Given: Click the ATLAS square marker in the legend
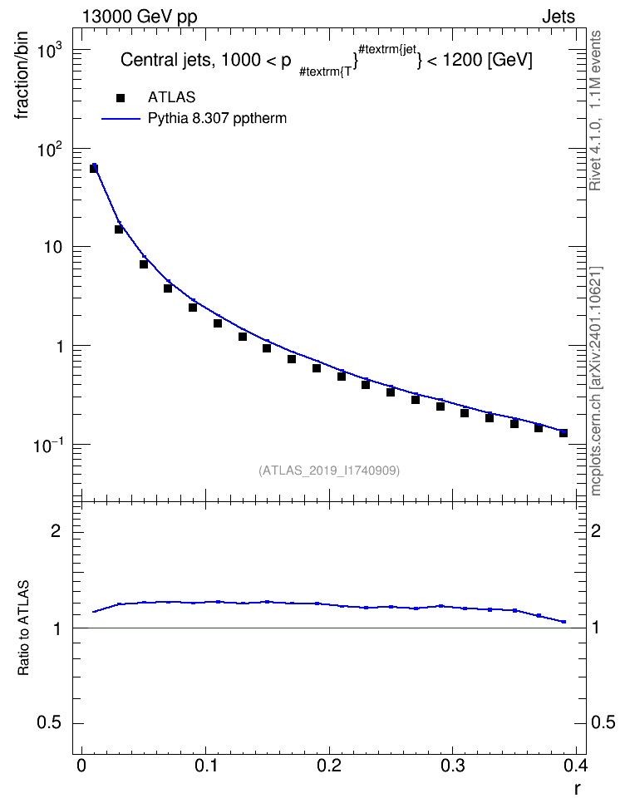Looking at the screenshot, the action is click(x=121, y=97).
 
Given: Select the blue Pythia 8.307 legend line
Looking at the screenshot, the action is click(x=121, y=119).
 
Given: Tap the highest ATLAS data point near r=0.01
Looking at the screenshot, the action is click(x=94, y=168).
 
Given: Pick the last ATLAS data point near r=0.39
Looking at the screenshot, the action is click(x=563, y=433).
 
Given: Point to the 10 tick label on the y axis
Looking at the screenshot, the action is click(x=52, y=248).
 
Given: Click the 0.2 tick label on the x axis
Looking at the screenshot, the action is click(x=329, y=766).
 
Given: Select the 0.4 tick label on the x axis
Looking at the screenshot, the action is click(x=576, y=766).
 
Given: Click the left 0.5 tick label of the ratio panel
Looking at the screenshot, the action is click(x=49, y=723).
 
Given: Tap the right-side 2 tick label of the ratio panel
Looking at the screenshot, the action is click(x=596, y=530).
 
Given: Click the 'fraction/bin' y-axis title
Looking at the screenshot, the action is click(x=21, y=76).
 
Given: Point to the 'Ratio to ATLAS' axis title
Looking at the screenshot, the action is click(x=23, y=628).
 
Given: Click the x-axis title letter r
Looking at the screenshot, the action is click(x=578, y=789).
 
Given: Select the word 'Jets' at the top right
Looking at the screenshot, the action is click(x=558, y=17).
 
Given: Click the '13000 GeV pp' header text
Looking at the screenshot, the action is click(x=140, y=17).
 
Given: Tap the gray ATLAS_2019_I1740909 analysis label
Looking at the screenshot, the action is click(x=329, y=471).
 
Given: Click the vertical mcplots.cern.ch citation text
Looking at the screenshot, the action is click(x=596, y=381).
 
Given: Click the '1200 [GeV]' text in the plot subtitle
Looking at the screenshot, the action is click(x=487, y=61).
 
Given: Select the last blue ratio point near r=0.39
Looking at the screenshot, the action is click(x=563, y=622).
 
